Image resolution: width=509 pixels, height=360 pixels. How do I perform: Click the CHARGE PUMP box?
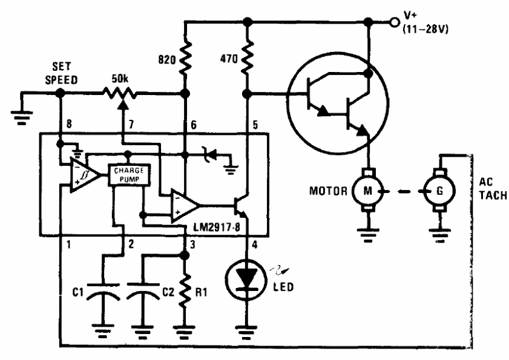(129, 175)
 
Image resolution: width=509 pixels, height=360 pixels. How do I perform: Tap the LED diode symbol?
(246, 280)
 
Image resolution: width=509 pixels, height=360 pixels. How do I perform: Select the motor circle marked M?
(368, 191)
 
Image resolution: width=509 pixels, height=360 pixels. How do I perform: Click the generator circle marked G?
(439, 191)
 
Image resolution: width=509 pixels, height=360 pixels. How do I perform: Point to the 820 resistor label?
(167, 60)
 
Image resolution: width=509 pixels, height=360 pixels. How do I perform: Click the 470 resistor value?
(229, 59)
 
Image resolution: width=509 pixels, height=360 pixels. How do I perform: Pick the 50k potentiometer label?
(120, 79)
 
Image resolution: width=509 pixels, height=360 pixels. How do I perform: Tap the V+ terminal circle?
(394, 22)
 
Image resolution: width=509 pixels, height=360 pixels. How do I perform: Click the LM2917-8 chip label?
(217, 227)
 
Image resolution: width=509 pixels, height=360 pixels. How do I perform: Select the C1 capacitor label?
(78, 292)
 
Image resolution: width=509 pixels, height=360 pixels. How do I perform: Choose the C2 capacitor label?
(168, 292)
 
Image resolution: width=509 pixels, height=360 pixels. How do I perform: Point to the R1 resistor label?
(201, 292)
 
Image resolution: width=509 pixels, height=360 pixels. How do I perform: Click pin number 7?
(131, 124)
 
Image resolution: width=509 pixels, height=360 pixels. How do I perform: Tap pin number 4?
(255, 244)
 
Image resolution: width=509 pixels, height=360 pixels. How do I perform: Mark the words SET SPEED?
(61, 73)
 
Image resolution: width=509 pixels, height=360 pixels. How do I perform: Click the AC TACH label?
(493, 189)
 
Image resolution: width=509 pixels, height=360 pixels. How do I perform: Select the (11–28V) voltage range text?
(425, 30)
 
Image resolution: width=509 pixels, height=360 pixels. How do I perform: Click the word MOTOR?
(328, 191)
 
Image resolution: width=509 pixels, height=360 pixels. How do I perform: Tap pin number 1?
(68, 244)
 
